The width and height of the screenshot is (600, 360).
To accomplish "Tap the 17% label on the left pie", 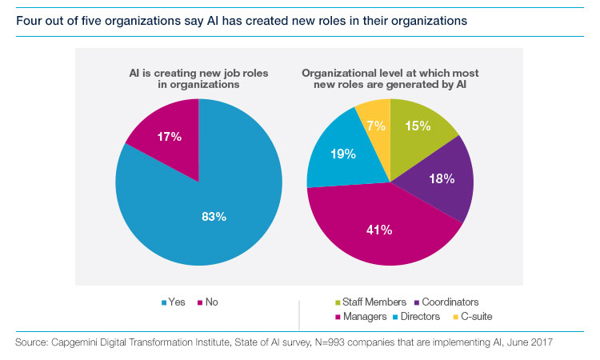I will [170, 137].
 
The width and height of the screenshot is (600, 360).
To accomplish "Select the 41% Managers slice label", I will [379, 230].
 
